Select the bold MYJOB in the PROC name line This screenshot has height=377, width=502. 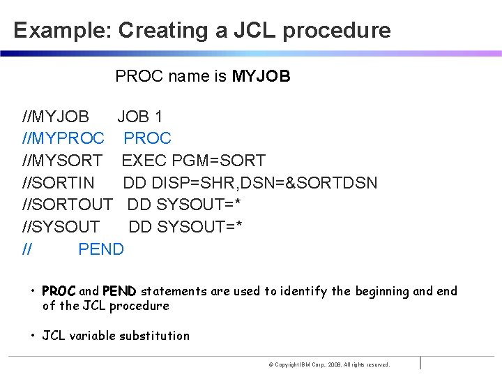(261, 76)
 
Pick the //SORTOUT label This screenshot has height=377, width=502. (68, 205)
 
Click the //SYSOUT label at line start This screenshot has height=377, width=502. (61, 227)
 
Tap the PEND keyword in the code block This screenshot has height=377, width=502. (101, 249)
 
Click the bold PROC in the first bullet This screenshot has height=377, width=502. (59, 291)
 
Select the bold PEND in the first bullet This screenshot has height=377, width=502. (120, 291)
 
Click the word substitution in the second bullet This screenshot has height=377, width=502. (154, 336)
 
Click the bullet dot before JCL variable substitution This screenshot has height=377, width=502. (33, 336)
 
